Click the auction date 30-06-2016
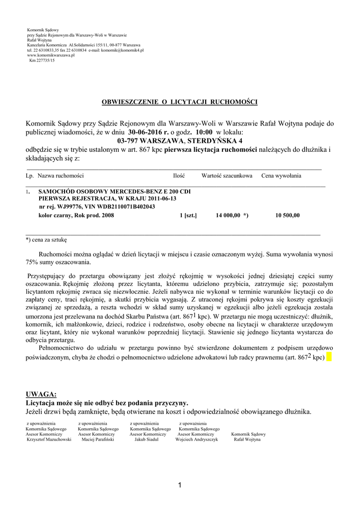[148, 133]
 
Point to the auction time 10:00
[204, 133]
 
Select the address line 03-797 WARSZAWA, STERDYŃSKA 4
[180, 141]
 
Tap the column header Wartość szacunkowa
[226, 176]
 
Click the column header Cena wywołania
[281, 176]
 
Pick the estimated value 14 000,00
[228, 215]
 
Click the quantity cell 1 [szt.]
[189, 215]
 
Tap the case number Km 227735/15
[42, 60]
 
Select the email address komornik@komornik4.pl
[123, 50]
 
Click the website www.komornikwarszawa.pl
[51, 55]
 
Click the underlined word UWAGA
[41, 394]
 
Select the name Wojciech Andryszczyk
[197, 439]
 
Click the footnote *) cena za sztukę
[46, 239]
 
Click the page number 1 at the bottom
[180, 485]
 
